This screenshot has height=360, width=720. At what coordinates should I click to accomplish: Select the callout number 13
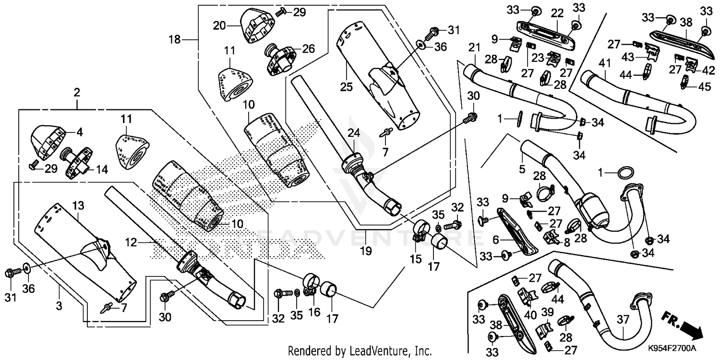click(78, 205)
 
